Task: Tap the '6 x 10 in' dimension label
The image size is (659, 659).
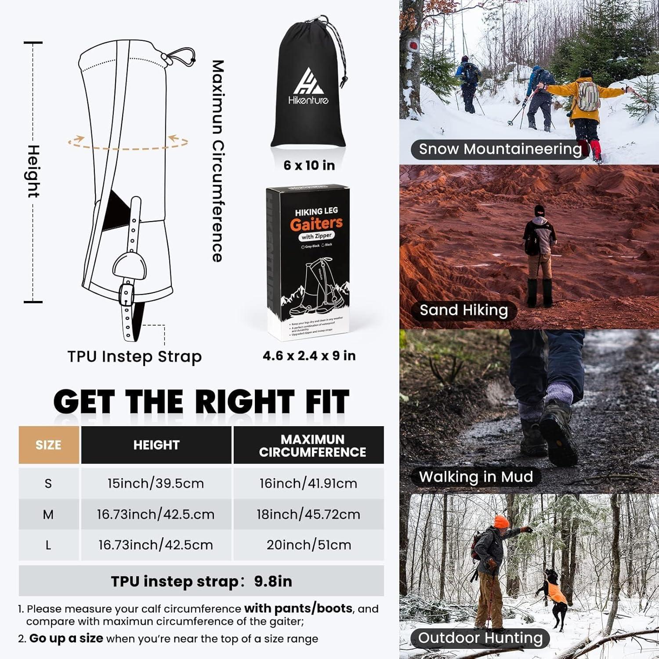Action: [309, 165]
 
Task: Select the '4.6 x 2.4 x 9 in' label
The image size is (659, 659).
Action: [309, 355]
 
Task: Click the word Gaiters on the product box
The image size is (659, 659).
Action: [316, 224]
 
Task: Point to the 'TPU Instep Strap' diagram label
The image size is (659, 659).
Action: [134, 356]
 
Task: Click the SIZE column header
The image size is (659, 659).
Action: [48, 445]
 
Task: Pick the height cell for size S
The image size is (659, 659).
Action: [156, 483]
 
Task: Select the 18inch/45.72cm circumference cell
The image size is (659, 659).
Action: [308, 514]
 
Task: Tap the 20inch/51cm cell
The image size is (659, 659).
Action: [308, 545]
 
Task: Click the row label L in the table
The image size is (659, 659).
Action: [48, 545]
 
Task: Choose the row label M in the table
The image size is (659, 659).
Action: [48, 514]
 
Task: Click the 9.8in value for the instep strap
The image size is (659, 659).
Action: [273, 581]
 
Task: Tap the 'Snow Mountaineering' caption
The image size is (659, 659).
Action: [500, 149]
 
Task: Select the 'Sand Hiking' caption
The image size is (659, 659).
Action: [463, 310]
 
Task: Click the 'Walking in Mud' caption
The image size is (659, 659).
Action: [476, 477]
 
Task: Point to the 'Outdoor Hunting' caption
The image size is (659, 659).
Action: [480, 638]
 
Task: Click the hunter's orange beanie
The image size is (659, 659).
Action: [501, 522]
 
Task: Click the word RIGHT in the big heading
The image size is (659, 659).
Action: [244, 402]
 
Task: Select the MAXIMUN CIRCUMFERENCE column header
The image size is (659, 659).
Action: [312, 445]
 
